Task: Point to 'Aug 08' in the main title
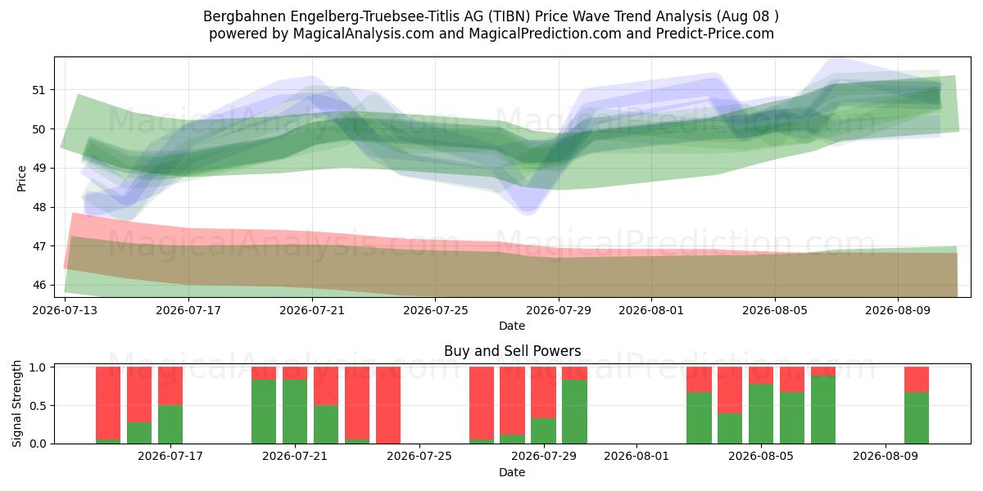pyautogui.click(x=745, y=16)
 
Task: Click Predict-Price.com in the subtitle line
pyautogui.click(x=715, y=34)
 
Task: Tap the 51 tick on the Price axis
pyautogui.click(x=39, y=90)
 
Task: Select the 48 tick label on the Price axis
pyautogui.click(x=39, y=207)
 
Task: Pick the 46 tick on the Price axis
pyautogui.click(x=39, y=286)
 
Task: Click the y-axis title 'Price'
pyautogui.click(x=21, y=178)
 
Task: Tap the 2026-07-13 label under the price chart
pyautogui.click(x=65, y=310)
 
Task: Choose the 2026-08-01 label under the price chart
pyautogui.click(x=650, y=310)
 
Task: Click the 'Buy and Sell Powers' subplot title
pyautogui.click(x=512, y=351)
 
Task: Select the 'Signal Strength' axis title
pyautogui.click(x=16, y=403)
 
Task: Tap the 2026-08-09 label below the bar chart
pyautogui.click(x=886, y=457)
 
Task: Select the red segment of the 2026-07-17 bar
pyautogui.click(x=170, y=386)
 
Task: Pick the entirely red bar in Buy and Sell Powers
pyautogui.click(x=388, y=405)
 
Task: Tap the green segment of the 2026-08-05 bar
pyautogui.click(x=761, y=414)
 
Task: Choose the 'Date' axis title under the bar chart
pyautogui.click(x=512, y=472)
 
